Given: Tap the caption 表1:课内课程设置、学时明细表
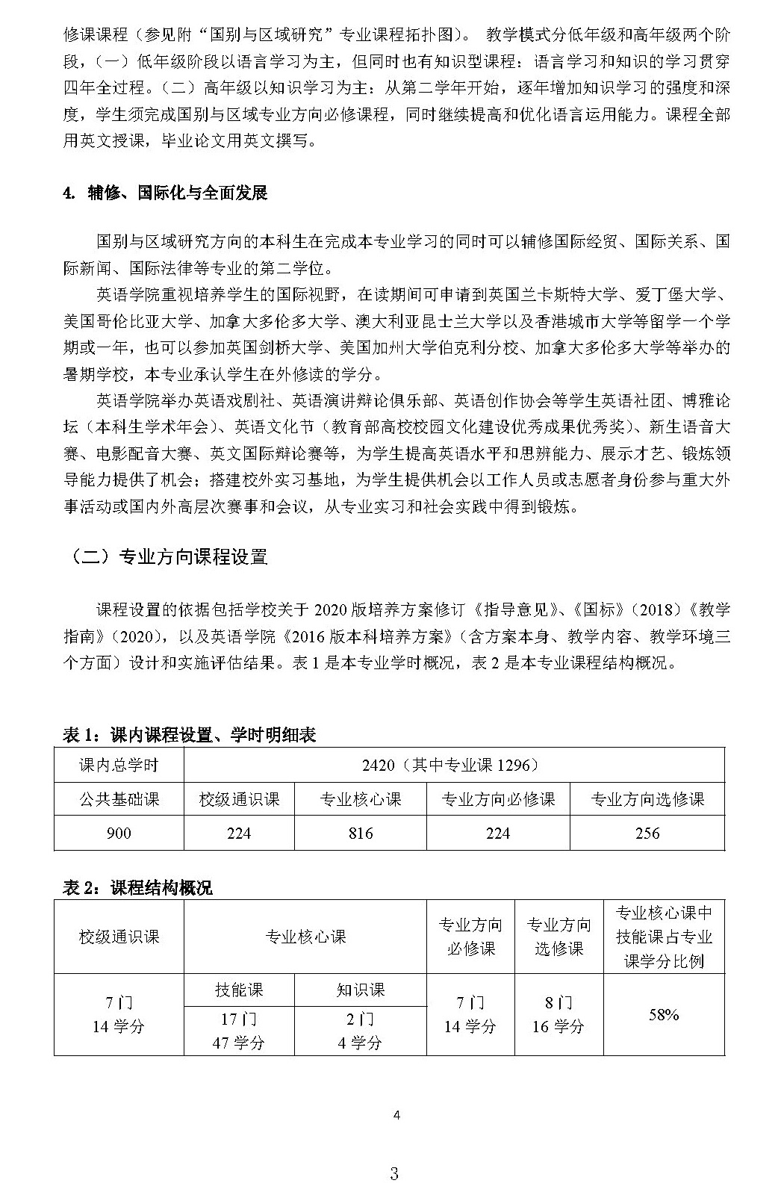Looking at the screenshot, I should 189,735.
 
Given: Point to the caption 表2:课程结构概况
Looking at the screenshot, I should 137,887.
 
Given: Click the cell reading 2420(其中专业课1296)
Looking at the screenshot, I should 453,765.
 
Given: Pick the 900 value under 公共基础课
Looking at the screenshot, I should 119,833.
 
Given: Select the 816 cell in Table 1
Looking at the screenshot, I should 361,833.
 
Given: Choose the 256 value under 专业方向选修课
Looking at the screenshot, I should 647,833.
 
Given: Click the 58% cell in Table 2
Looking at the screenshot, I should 664,1014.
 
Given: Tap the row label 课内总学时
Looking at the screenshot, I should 119,765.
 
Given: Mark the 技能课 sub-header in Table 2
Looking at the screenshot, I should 239,990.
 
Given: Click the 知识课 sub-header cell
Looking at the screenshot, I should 361,990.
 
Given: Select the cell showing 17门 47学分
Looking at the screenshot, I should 239,1031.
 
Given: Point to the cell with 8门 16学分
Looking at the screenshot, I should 559,1014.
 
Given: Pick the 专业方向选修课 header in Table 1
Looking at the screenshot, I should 647,799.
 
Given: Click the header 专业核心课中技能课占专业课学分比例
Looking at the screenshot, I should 664,937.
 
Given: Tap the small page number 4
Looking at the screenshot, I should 396,1116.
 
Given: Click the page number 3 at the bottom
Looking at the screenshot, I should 394,1173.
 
